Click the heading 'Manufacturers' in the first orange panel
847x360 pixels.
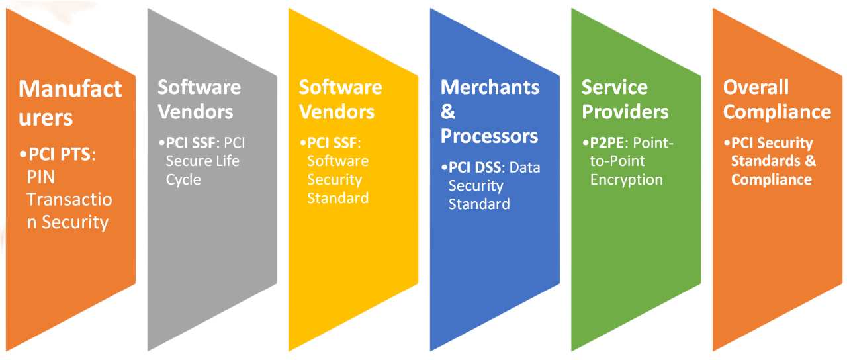tap(69, 103)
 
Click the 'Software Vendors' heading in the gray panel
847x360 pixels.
tap(199, 99)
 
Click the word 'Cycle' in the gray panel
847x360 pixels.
tap(183, 179)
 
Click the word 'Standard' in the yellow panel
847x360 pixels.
tap(337, 197)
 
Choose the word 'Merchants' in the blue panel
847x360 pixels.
tap(490, 87)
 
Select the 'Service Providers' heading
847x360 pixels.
tap(625, 99)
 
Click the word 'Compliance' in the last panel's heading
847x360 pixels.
tap(777, 111)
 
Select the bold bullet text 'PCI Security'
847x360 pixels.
tap(772, 144)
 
